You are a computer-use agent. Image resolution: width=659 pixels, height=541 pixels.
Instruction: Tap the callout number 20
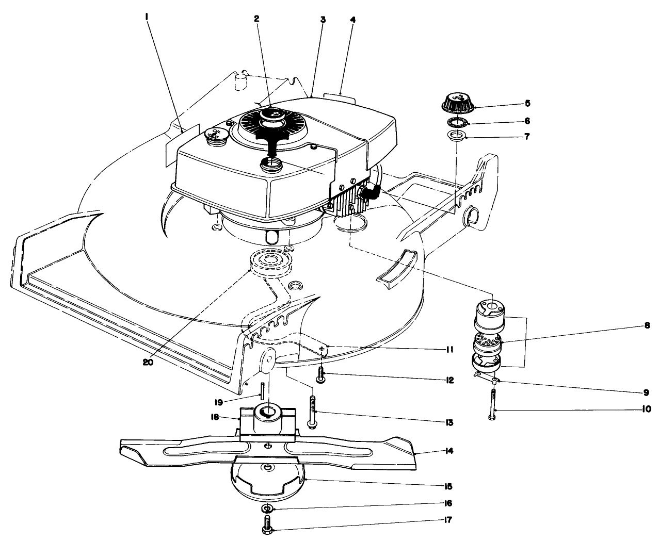point(150,362)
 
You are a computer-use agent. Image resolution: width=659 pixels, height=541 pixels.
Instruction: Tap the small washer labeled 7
point(457,137)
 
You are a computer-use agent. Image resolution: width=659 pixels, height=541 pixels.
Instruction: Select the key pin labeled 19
point(262,390)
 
